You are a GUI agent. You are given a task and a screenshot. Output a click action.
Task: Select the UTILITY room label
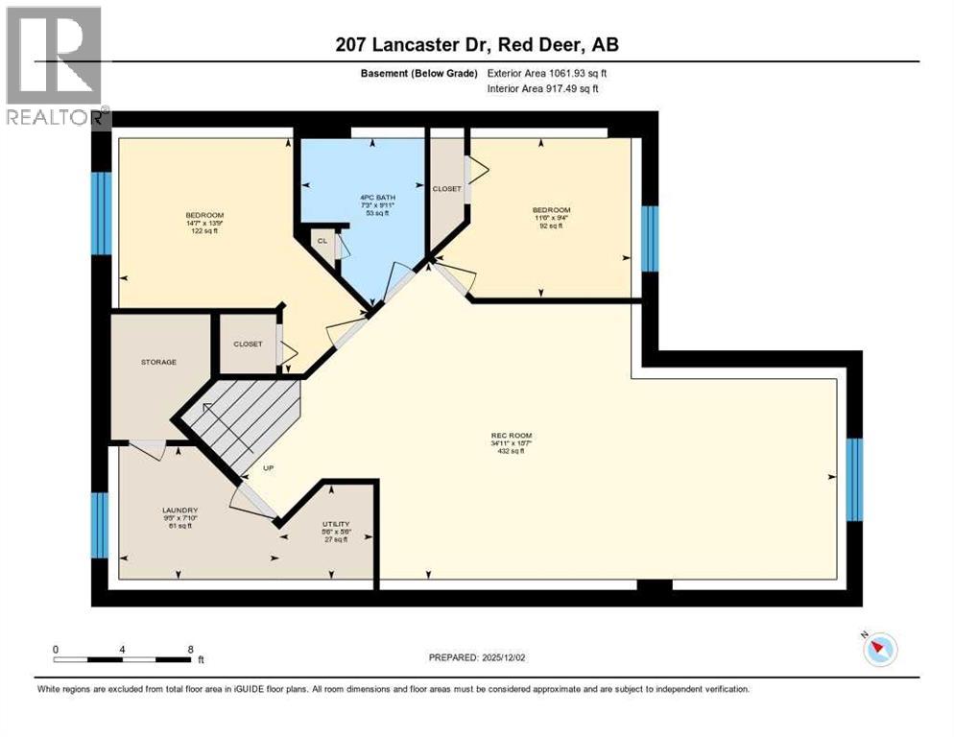[x=335, y=524]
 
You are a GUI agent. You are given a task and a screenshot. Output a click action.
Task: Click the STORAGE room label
[x=158, y=362]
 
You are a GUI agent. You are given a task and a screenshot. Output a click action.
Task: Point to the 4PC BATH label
[x=363, y=196]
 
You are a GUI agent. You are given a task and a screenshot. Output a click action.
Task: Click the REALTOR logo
[x=55, y=66]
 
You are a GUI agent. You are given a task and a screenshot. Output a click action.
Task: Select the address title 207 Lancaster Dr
[x=477, y=46]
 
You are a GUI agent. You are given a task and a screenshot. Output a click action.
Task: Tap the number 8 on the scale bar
[x=190, y=649]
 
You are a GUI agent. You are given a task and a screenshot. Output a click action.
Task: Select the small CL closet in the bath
[x=323, y=241]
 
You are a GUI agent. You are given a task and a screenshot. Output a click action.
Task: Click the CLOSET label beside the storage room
[x=248, y=344]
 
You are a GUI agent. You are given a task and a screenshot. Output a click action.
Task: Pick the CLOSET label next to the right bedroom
[x=446, y=189]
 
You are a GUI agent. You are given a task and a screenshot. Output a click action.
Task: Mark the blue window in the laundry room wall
[x=100, y=524]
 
